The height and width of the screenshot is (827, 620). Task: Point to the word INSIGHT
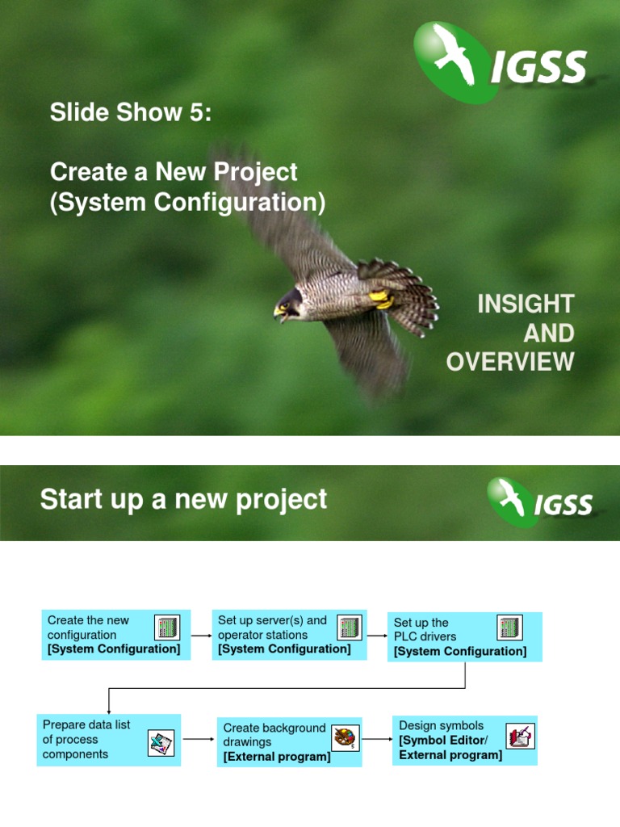526,304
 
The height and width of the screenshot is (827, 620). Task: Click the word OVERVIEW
510,362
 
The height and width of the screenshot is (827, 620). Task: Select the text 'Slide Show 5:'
131,113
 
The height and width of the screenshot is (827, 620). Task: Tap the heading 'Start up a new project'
183,499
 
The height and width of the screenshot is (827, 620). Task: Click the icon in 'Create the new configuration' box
167,628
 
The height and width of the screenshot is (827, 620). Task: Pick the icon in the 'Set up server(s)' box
349,628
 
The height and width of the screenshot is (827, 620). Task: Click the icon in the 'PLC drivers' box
509,628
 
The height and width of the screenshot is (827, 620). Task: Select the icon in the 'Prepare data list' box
161,742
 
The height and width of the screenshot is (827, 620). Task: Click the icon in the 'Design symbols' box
520,736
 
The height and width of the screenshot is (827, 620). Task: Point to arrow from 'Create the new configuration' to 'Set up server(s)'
201,635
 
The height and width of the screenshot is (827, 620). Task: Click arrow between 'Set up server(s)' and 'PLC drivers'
377,635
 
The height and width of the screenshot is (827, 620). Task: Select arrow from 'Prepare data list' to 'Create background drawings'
199,739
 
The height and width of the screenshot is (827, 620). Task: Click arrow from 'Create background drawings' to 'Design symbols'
377,739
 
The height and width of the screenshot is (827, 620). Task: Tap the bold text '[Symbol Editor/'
443,741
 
